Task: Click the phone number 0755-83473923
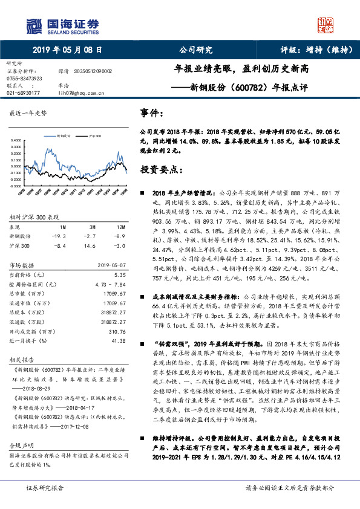tap(24, 79)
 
